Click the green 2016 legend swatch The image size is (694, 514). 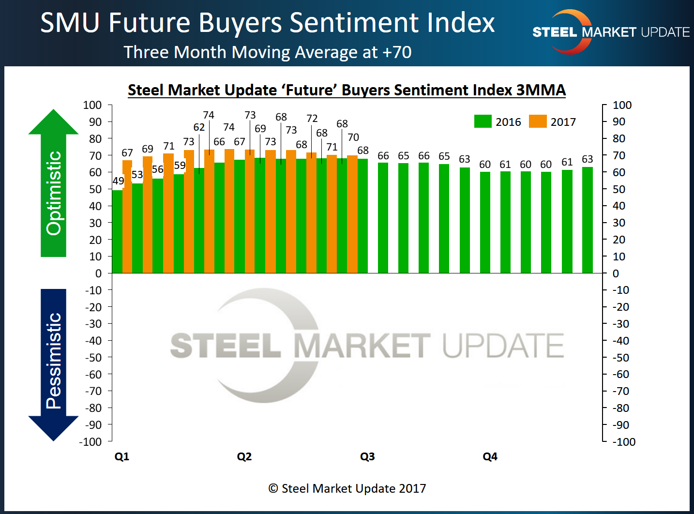coord(483,121)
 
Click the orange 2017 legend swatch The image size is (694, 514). coord(538,121)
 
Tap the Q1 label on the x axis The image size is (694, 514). coord(122,456)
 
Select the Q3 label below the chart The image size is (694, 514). coord(367,456)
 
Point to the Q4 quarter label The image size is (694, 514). coord(490,456)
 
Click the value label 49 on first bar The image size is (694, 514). coord(118,181)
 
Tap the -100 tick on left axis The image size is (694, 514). coord(91,442)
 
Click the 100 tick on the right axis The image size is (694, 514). coord(622,105)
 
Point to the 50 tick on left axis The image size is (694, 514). coord(95,189)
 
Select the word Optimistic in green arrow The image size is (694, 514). coord(54,193)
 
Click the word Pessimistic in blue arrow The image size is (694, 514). coord(54,361)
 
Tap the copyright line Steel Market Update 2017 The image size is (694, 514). coord(347,488)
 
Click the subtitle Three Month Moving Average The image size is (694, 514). coord(267,52)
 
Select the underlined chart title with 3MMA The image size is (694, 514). coord(347,90)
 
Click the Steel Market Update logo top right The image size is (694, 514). coord(610,32)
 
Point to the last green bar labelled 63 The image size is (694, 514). coord(587,220)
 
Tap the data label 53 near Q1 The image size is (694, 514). coord(137,174)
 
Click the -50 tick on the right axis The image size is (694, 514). coord(621,358)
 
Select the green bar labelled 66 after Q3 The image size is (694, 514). coord(383,218)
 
